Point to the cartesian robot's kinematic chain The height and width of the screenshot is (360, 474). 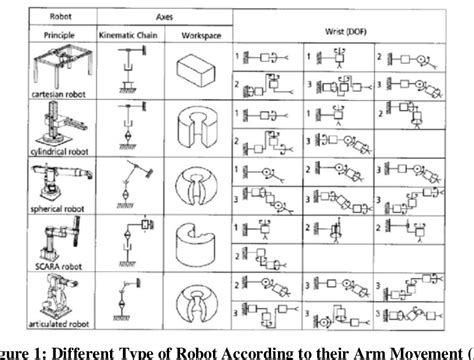[x=128, y=73]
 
